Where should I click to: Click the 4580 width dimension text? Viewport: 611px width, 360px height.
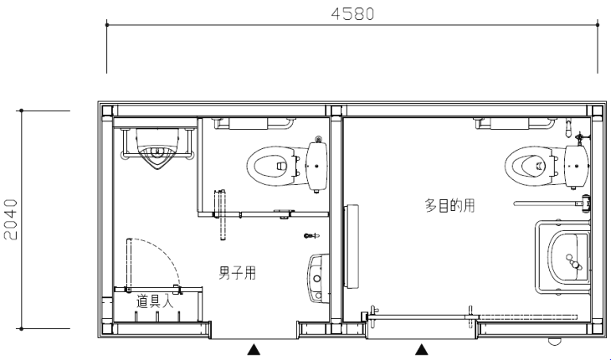pos(352,14)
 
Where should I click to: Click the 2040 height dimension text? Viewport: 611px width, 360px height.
pos(11,219)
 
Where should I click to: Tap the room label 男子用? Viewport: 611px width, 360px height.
pos(238,273)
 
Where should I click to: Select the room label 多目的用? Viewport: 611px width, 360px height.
pos(449,205)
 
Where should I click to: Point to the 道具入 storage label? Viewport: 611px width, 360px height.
pos(155,301)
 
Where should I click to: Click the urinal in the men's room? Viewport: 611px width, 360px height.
pos(157,149)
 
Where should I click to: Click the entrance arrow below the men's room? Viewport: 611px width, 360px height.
pos(254,349)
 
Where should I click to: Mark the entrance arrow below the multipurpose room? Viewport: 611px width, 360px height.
pos(421,349)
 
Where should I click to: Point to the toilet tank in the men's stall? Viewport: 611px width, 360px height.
pos(316,166)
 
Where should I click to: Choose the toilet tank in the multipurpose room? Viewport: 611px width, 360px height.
pos(577,166)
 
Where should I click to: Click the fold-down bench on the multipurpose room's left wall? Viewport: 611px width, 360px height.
pos(352,246)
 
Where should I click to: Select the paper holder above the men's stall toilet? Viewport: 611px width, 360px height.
pos(249,124)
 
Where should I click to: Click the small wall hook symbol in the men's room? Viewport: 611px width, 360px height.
pos(311,236)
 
